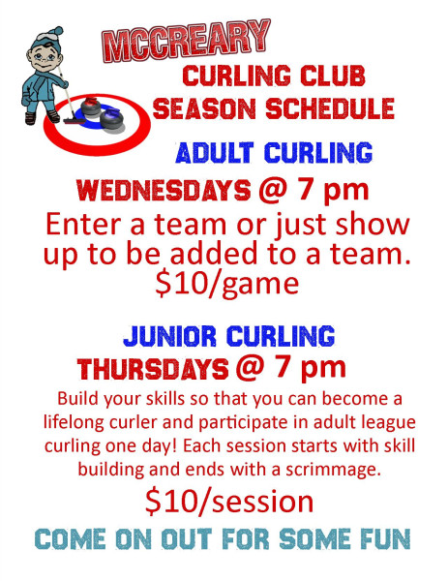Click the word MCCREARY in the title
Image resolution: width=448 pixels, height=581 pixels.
pos(186,40)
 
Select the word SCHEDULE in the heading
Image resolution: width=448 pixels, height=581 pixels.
pos(330,108)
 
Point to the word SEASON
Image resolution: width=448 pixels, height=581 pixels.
pos(204,108)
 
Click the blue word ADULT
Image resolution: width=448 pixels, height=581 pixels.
pos(215,152)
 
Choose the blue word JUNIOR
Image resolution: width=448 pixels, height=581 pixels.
pos(169,336)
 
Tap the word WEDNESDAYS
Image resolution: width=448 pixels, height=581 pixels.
pos(164,191)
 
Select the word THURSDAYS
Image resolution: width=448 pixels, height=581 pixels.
pos(153,369)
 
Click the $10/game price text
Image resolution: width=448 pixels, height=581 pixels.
pos(226,285)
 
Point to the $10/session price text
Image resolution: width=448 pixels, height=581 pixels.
pos(229,502)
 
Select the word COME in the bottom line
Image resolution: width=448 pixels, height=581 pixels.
pos(71,538)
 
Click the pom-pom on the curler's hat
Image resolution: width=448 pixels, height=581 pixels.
pos(58,31)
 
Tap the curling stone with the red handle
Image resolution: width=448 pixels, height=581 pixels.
pos(90,107)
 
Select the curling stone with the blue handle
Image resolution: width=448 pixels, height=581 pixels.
pos(111,119)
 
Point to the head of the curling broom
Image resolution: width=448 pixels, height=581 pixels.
pos(75,120)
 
